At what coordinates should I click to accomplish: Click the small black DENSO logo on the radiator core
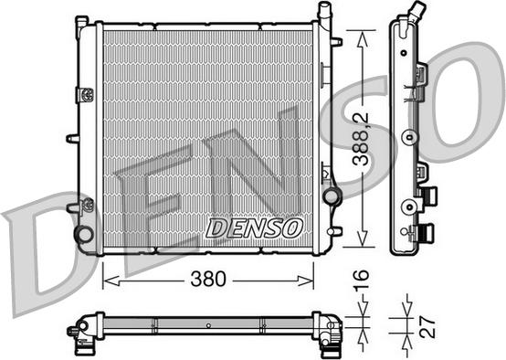pos(253,228)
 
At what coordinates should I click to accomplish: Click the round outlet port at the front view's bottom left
pos(84,234)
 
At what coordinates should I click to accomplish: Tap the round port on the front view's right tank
pos(330,195)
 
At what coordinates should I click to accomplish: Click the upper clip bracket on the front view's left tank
pos(85,94)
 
